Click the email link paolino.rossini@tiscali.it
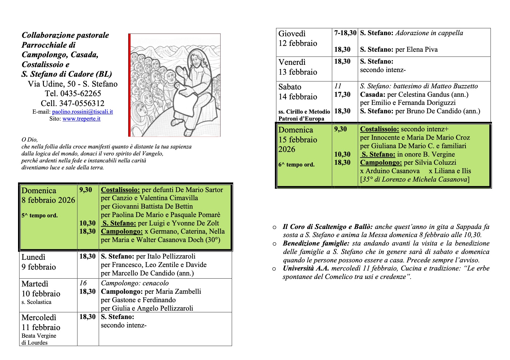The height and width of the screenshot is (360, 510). (82, 112)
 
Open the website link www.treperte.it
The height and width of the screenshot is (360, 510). (81, 119)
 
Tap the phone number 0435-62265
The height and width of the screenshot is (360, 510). (81, 94)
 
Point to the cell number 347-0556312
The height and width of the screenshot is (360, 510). (82, 103)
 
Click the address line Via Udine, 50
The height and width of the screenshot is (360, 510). (52, 84)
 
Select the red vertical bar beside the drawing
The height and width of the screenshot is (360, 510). (129, 85)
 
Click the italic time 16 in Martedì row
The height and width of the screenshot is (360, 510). (83, 283)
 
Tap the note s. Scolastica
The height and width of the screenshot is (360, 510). (36, 302)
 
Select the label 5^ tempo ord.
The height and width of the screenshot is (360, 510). (40, 216)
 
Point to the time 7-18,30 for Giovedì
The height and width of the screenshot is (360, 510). (345, 33)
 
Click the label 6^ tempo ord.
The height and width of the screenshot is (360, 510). (296, 165)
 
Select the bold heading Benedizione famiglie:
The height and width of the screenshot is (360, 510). (316, 243)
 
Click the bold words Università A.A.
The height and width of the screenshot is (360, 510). (306, 268)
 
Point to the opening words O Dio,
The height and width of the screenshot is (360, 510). (30, 140)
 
